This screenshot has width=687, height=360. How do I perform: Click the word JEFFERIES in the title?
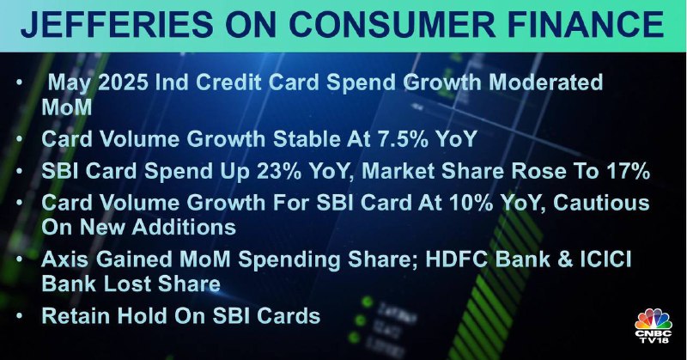(117, 24)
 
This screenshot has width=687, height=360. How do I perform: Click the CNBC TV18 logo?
(654, 326)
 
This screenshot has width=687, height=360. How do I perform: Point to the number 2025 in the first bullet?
(123, 82)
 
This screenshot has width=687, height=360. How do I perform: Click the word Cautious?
(602, 203)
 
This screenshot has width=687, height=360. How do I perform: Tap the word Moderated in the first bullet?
(546, 82)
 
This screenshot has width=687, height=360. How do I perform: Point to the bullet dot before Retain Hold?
(19, 315)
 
